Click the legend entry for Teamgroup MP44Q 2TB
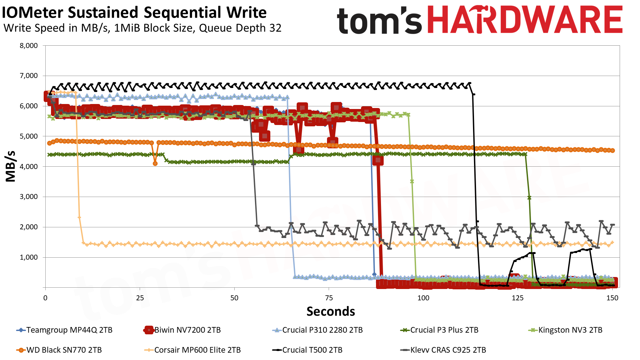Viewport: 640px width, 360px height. [x=69, y=330]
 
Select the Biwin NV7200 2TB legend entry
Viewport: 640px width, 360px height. [x=187, y=330]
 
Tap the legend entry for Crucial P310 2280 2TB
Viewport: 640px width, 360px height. [x=322, y=330]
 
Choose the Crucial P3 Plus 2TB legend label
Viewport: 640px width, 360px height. [x=444, y=330]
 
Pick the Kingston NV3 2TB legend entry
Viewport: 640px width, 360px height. [x=570, y=330]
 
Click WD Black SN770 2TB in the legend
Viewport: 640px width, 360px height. [x=64, y=350]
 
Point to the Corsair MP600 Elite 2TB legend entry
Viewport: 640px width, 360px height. [x=197, y=350]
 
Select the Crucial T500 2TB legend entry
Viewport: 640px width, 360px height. [x=312, y=350]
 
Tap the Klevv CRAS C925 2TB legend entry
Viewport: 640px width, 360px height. [x=448, y=350]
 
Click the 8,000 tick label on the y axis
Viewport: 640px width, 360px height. [x=29, y=46]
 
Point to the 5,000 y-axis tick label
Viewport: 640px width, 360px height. [x=29, y=136]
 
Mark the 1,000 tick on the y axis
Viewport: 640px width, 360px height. [x=29, y=257]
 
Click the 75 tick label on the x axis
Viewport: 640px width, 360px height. [x=329, y=298]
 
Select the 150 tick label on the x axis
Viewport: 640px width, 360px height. [x=612, y=298]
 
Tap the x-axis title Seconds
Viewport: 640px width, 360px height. [x=331, y=311]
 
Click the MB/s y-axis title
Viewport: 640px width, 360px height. [x=11, y=166]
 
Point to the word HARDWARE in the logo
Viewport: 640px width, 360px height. [x=525, y=20]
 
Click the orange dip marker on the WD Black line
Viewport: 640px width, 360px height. [x=155, y=163]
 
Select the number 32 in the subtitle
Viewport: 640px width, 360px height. [x=275, y=28]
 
